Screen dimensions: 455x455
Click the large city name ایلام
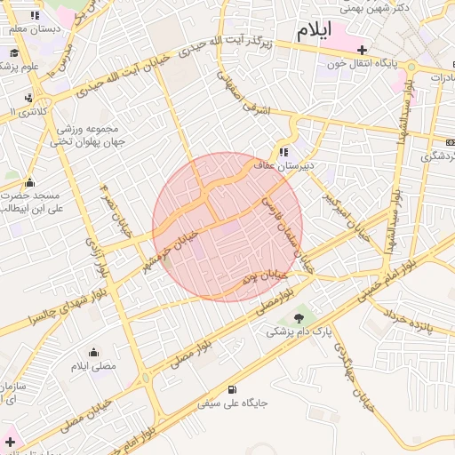314,29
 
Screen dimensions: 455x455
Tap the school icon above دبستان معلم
35,16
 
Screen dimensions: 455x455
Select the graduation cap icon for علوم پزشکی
14,52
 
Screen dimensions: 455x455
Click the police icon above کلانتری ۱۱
29,98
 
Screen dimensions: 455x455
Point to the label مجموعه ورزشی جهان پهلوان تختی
88,134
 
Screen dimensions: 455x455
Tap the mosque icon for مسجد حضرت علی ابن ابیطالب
28,183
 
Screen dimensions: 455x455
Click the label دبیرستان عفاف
305,165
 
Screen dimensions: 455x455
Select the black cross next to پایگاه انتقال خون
361,49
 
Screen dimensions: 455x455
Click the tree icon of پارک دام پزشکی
297,317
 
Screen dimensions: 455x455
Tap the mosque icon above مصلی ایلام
93,352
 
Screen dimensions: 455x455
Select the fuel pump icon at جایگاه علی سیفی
232,388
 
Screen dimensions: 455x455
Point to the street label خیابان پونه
261,277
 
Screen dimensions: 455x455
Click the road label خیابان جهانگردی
355,372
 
